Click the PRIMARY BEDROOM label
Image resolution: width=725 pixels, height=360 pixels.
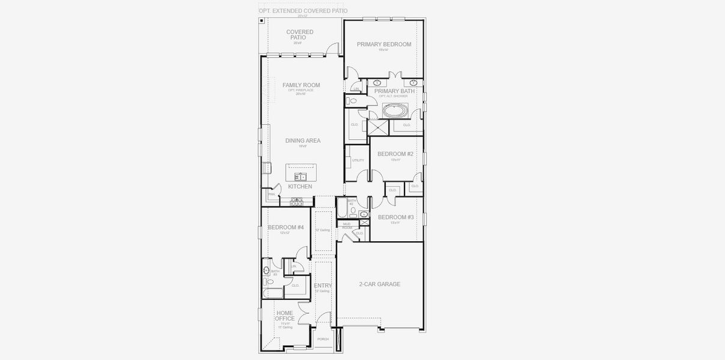point(384,44)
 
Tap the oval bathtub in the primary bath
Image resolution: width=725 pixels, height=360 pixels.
point(395,111)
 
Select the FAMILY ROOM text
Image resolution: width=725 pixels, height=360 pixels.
point(301,85)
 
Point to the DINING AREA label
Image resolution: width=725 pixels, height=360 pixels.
point(302,140)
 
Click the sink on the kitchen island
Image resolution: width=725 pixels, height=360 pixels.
point(301,176)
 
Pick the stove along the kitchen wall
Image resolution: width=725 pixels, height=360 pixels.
point(296,203)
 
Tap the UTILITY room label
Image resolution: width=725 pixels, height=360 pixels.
point(358,160)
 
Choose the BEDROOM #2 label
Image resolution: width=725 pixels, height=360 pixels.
point(395,154)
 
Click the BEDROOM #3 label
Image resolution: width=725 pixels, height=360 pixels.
point(396,217)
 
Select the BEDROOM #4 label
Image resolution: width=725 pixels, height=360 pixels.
point(286,227)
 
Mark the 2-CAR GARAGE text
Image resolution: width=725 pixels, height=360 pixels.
point(379,284)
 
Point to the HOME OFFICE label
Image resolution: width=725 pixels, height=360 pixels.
point(285,316)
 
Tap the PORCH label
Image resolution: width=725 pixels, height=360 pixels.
point(323,339)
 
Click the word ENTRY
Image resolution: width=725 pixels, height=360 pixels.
point(323,286)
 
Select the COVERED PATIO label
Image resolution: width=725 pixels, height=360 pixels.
point(299,35)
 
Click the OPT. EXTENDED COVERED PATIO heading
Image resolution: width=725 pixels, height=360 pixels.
point(303,11)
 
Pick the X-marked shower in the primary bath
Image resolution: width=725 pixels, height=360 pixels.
point(378,128)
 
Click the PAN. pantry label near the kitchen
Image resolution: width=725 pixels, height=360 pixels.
point(271,194)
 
